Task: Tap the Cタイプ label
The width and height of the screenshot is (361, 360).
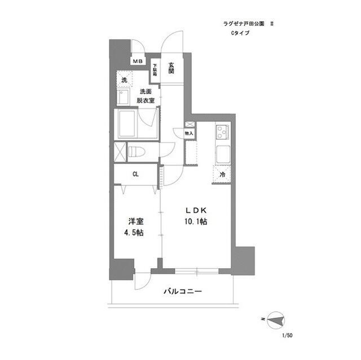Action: [x=239, y=33]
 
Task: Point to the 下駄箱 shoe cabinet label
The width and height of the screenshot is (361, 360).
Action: [x=154, y=70]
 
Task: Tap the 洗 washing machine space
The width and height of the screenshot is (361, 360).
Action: [x=124, y=80]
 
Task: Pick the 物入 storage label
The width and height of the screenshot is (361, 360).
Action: [x=190, y=134]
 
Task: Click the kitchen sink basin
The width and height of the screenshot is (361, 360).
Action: [x=221, y=153]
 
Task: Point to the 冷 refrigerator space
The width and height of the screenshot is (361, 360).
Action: [x=222, y=175]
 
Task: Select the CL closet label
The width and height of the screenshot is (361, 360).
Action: [x=136, y=174]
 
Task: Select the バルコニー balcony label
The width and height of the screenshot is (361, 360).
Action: [x=183, y=291]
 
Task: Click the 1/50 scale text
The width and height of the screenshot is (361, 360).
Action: [x=288, y=335]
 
